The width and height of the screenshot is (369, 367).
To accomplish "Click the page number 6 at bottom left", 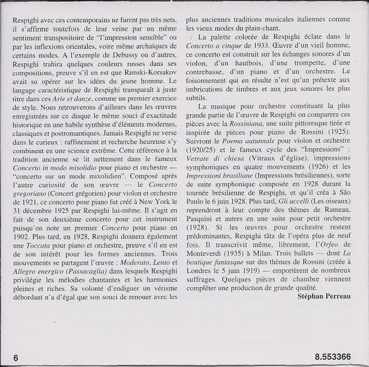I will click(14, 355).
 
